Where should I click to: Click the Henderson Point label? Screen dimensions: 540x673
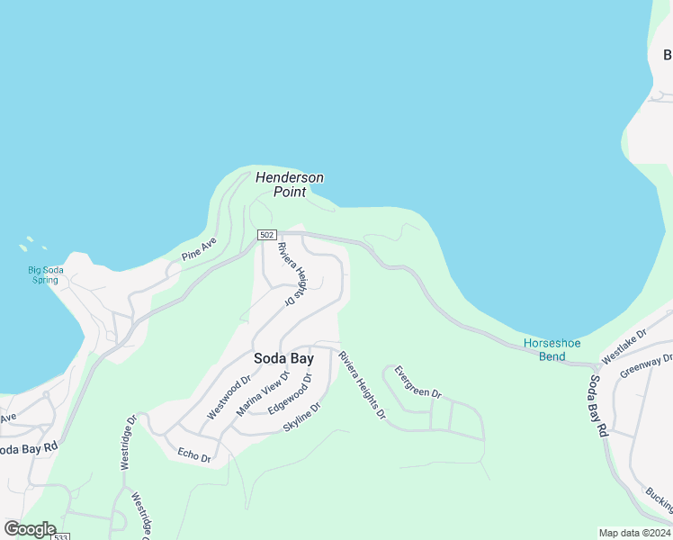pos(289,184)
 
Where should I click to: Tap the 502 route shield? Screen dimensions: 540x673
pos(266,235)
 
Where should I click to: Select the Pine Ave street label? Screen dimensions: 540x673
pos(199,248)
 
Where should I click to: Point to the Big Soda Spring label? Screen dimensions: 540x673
pos(43,274)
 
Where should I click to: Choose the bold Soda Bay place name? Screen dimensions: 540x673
pos(283,358)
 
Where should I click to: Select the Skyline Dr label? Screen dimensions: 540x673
pos(301,417)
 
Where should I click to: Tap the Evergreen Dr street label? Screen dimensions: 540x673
pos(417,382)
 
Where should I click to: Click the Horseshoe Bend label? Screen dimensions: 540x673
pos(552,350)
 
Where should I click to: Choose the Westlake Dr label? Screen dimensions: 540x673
pos(624,346)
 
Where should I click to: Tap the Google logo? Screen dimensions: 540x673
pos(30,529)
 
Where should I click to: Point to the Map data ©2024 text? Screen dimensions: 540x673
pos(634,532)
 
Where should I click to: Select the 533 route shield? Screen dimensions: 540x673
pos(61,537)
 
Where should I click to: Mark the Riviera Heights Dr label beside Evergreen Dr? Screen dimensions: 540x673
pos(362,385)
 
